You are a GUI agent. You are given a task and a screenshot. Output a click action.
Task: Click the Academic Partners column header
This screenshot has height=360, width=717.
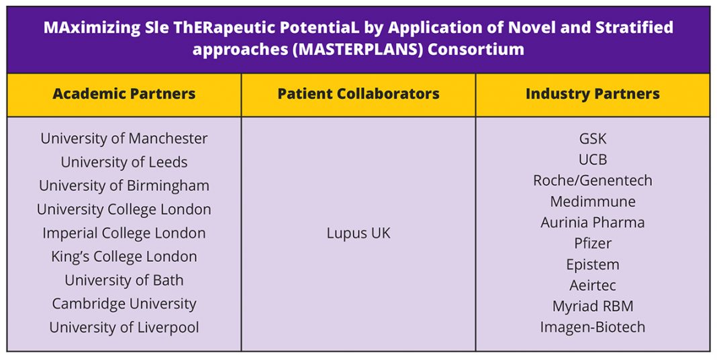tap(124, 94)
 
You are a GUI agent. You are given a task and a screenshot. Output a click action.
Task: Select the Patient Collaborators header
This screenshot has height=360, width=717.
tap(358, 94)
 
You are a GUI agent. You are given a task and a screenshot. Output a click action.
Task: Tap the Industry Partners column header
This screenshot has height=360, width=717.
tap(593, 94)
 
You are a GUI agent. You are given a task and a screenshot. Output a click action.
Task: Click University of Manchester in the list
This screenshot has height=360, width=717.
tap(124, 138)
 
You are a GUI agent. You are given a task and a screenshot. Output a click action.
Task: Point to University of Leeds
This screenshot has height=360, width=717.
tap(124, 162)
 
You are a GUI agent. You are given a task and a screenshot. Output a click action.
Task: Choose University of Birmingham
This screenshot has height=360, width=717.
tap(124, 186)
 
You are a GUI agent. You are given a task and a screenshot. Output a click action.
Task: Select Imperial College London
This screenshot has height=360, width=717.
tap(124, 233)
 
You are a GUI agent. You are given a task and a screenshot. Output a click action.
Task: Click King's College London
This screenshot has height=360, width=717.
tap(124, 257)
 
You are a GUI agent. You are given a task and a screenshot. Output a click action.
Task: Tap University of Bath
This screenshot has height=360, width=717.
tap(124, 280)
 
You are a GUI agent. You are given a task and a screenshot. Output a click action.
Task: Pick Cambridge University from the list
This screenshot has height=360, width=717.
tap(124, 304)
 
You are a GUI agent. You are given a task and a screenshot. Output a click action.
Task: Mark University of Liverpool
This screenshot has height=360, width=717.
tap(124, 328)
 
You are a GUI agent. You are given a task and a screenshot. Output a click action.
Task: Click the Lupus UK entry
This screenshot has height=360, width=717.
tap(358, 233)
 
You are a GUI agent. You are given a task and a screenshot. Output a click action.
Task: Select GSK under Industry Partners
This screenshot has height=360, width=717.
tap(593, 138)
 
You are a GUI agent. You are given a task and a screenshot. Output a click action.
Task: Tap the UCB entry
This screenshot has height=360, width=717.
tap(593, 160)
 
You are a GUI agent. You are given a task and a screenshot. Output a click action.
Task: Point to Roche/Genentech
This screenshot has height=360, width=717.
tap(593, 181)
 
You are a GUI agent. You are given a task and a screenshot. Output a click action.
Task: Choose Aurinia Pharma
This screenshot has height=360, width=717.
tap(593, 223)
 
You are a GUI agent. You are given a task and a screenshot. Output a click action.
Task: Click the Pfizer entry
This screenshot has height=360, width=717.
tap(593, 243)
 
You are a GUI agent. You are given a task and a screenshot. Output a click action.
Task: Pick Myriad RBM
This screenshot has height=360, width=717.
tap(593, 306)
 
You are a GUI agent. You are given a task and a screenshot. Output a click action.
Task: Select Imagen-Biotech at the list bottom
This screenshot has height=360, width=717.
tap(593, 328)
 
